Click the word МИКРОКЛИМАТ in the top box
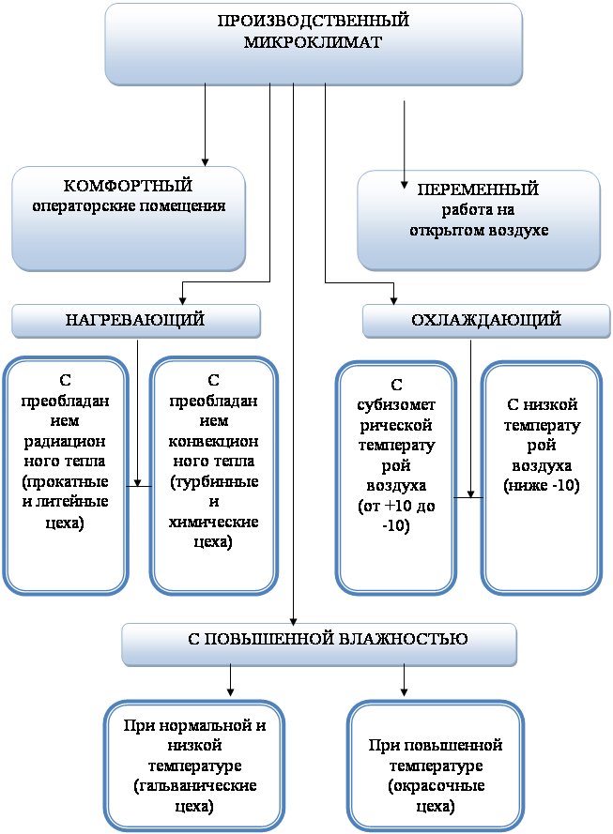pos(314,42)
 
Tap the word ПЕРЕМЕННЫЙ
pos(479,190)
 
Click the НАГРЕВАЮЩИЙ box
pos(135,321)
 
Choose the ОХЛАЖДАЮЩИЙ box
pos(486,321)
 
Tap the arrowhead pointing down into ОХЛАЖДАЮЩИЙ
pos(393,300)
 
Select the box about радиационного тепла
pos(65,474)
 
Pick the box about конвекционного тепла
pos(213,474)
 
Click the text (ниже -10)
pos(542,485)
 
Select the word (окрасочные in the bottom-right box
pos(435,786)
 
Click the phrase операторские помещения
pos(129,205)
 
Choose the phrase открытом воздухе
pos(479,230)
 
